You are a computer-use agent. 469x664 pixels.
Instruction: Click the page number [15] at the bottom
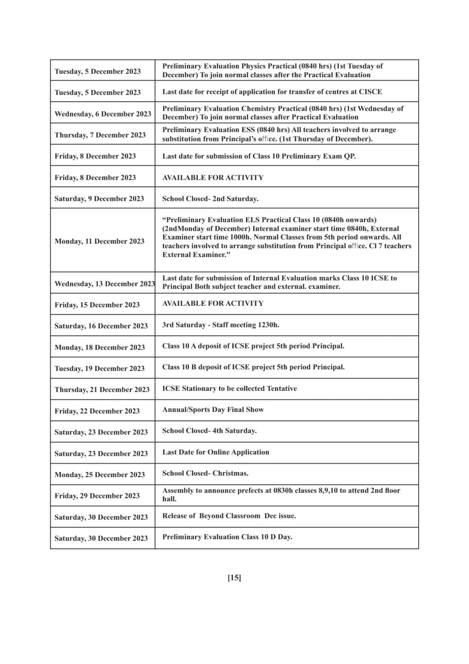234,578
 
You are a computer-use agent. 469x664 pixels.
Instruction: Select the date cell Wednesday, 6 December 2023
102,114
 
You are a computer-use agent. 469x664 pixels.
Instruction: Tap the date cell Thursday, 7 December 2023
100,135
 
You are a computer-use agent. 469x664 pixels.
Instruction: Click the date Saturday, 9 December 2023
99,199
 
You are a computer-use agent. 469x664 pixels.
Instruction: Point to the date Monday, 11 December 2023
99,241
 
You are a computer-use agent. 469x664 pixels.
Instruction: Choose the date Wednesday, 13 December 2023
104,284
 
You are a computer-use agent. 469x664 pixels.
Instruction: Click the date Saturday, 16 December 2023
101,326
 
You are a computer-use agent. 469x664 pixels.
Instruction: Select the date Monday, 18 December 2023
99,347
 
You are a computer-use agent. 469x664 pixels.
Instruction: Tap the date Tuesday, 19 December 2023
99,369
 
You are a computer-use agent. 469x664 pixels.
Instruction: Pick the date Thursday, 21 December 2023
102,390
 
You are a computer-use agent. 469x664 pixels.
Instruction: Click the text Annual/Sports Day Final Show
213,409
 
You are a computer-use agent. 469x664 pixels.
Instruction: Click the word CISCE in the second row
370,92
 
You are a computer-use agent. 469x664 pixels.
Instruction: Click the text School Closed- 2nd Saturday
210,199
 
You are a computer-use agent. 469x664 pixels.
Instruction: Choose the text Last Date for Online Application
216,452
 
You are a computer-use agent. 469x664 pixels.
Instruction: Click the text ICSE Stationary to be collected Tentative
230,389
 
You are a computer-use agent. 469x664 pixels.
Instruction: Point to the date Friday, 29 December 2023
97,496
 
